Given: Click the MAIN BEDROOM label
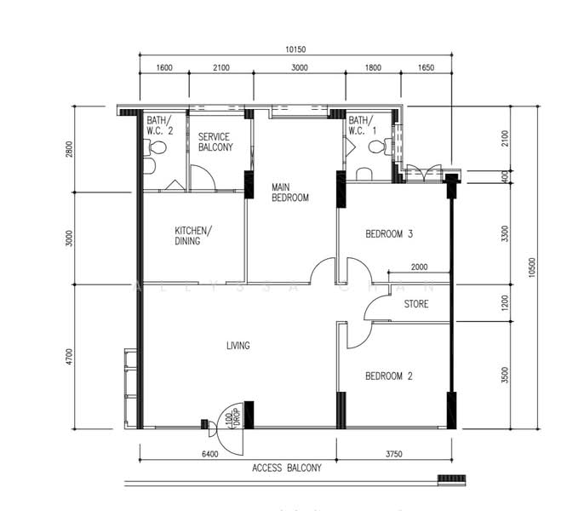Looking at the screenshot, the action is pos(290,192).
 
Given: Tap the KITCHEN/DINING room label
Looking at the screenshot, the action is pos(193,236).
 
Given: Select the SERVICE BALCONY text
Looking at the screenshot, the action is pos(215,142).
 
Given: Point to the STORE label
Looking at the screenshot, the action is pos(416,304).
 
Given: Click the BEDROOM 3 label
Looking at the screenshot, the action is pos(389,234).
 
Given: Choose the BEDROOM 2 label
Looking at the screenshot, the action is pos(389,376).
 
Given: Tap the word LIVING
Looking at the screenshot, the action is pos(238,346).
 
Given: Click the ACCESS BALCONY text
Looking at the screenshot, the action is pos(286,468).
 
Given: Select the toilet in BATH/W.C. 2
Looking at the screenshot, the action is pos(155,147).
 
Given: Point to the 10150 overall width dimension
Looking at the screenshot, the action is pos(295,49).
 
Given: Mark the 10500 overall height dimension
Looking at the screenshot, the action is pos(531,267).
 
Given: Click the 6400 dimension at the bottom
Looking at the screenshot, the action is pos(210,454).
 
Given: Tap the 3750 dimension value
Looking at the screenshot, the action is pos(393,454).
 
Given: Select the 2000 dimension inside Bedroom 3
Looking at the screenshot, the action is pos(419,267).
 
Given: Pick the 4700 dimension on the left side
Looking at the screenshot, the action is pos(70,357).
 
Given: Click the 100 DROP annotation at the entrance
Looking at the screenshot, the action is pos(232,418).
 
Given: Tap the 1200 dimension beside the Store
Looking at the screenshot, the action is pos(505,303).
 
